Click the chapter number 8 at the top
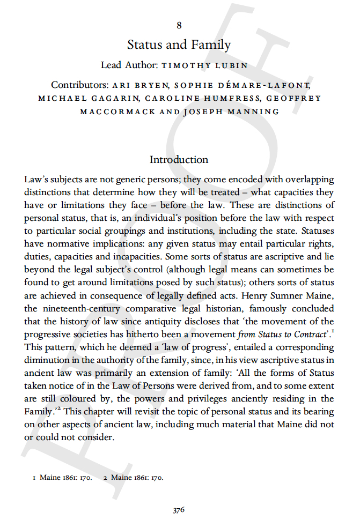click(x=179, y=25)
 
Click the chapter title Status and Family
click(x=179, y=44)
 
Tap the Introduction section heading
click(x=179, y=160)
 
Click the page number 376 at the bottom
click(x=179, y=510)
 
